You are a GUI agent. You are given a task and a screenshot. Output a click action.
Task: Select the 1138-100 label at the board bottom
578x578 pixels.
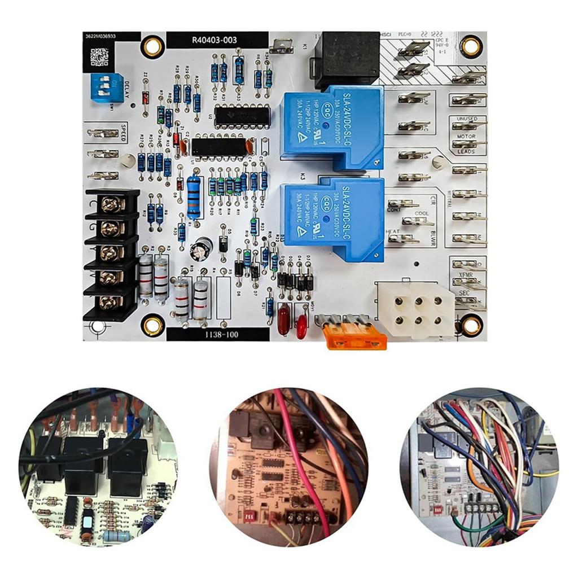click(217, 334)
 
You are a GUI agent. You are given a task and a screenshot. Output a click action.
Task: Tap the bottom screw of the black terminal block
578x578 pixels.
click(111, 302)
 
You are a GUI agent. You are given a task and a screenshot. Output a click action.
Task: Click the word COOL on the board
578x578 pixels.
click(422, 213)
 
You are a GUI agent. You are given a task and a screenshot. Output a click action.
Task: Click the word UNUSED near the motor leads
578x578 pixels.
click(466, 119)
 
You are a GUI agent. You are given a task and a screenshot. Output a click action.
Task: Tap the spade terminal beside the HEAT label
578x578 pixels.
click(404, 238)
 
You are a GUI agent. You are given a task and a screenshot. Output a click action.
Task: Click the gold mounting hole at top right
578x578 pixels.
click(470, 47)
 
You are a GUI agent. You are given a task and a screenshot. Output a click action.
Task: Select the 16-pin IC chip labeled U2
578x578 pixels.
click(243, 115)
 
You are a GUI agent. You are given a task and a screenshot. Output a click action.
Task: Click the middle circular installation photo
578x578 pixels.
click(288, 466)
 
